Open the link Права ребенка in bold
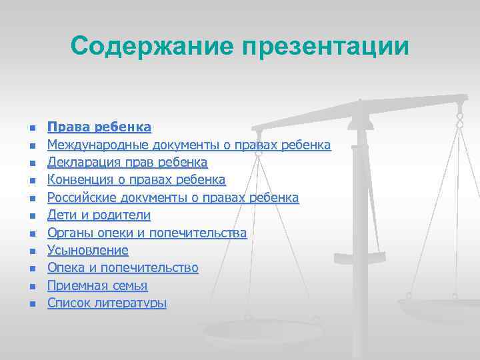click(x=99, y=127)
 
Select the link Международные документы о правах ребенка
click(x=189, y=145)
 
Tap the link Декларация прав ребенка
click(x=127, y=163)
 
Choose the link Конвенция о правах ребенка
click(x=136, y=180)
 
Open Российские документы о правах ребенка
click(x=173, y=198)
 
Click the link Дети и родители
click(x=99, y=215)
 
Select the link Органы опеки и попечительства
click(x=147, y=233)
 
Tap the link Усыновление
click(x=87, y=251)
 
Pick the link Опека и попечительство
click(x=123, y=268)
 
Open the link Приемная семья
click(x=97, y=286)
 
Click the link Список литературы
click(x=107, y=303)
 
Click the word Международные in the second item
click(x=98, y=145)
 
